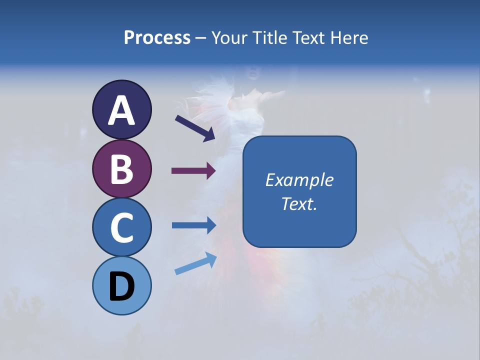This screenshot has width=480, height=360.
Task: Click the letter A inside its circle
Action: point(121,110)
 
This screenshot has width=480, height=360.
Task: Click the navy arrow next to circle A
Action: point(194,128)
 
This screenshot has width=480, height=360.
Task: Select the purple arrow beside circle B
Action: point(193,171)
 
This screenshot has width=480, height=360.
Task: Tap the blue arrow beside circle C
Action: point(193,225)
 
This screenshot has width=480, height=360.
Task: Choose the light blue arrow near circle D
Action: point(195,263)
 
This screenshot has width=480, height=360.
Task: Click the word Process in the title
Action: point(157,37)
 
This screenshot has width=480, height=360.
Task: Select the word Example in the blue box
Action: point(299,180)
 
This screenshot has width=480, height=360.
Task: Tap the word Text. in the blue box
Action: point(299,203)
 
